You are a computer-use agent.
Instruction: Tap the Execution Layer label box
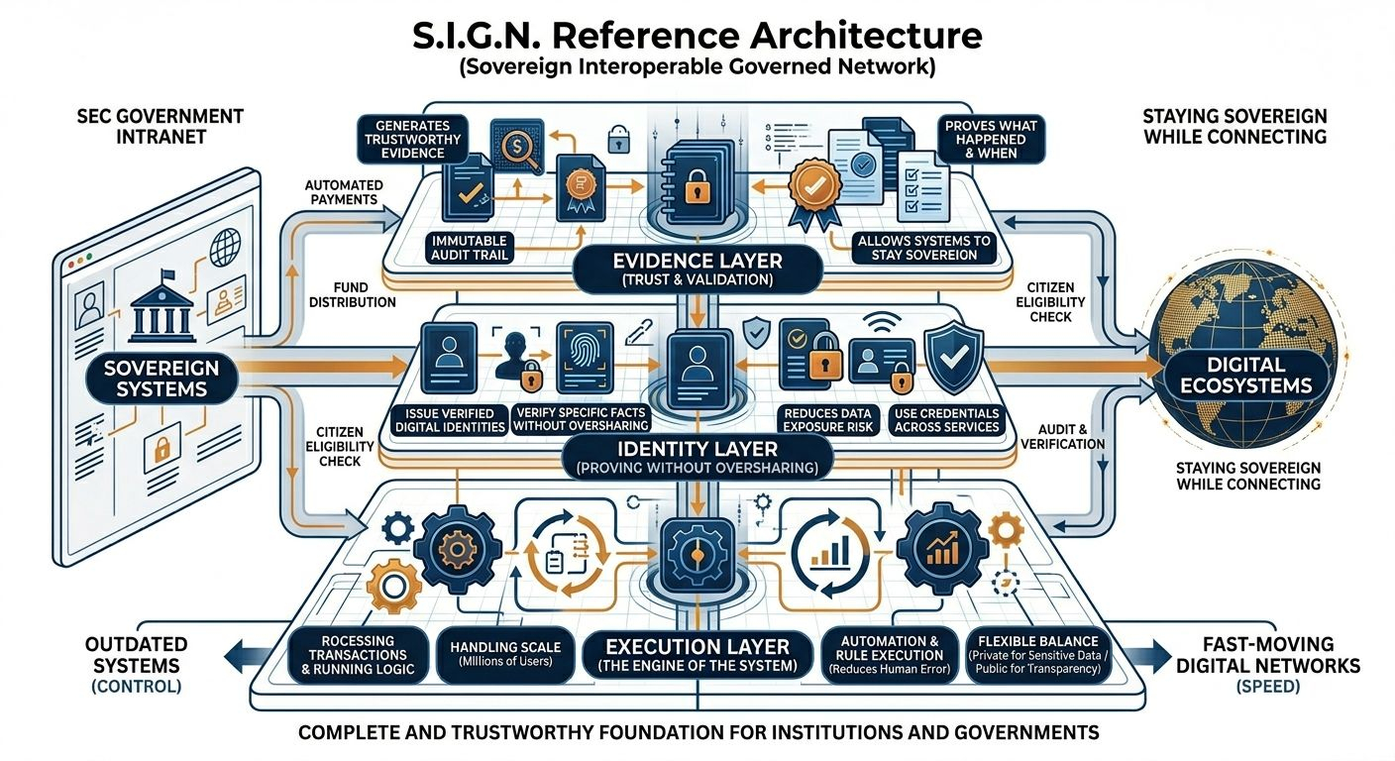tap(698, 654)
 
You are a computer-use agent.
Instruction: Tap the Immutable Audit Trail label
tap(470, 248)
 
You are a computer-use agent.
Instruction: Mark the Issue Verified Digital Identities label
tap(451, 419)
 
